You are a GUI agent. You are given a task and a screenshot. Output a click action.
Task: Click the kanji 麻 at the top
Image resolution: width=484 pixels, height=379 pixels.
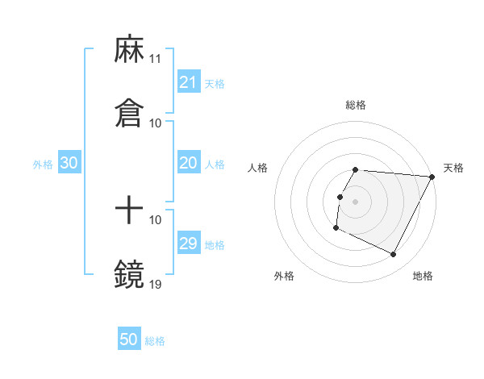pos(129,50)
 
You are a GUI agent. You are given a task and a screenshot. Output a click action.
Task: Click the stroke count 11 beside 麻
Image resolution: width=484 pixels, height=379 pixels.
pos(156,60)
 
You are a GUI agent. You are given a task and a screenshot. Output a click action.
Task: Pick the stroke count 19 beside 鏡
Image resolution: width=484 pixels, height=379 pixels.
pos(156,284)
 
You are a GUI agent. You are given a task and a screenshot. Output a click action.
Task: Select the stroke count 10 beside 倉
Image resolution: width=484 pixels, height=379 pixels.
pos(156,123)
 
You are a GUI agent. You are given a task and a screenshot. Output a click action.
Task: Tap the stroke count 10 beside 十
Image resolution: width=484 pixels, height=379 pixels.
pos(156,219)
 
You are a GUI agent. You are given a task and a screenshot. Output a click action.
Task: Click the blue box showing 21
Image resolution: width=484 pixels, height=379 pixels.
pos(188,82)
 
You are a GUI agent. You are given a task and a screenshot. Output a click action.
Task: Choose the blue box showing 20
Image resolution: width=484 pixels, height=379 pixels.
pos(188,163)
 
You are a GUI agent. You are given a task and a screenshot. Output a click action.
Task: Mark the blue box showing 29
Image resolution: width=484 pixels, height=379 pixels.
pos(188,244)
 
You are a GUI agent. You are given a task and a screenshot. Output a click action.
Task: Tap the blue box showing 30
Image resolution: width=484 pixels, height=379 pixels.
pos(69,163)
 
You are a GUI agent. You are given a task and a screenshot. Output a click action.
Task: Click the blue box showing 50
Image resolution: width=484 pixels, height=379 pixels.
pos(129,339)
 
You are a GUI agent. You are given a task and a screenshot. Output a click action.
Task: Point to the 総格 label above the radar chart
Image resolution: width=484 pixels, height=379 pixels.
pos(356,105)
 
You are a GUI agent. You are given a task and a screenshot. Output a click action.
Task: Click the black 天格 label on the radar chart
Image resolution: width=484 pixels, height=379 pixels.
pos(453,168)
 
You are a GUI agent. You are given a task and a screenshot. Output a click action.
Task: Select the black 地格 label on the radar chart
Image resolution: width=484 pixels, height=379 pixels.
pos(423,276)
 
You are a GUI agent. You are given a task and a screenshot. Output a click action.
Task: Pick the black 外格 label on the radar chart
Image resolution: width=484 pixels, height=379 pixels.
pos(284,276)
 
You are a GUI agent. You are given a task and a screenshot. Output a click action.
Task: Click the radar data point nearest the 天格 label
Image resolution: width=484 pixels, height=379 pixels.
pos(432,177)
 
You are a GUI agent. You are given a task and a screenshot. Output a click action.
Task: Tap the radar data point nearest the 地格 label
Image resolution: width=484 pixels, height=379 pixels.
pos(394,255)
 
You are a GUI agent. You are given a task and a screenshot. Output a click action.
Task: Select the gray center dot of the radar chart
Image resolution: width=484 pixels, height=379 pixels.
pos(356,201)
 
